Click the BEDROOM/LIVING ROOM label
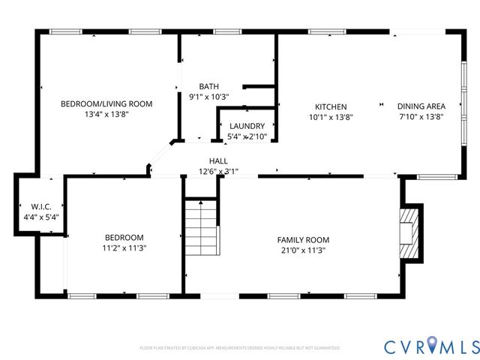click(106, 104)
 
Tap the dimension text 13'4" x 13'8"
click(106, 116)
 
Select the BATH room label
click(208, 86)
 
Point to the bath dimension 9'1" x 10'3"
click(208, 97)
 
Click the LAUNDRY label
click(247, 126)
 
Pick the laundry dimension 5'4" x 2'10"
click(247, 136)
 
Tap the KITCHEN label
click(331, 106)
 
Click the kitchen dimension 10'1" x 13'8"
click(331, 117)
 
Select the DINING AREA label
click(421, 106)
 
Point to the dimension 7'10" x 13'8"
click(421, 117)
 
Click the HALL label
click(218, 160)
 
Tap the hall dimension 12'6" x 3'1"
click(218, 171)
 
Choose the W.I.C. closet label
click(40, 206)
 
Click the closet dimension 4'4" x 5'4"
click(40, 217)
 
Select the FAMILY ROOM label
click(303, 240)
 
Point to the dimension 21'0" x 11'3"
click(303, 250)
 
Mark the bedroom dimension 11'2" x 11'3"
click(124, 247)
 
